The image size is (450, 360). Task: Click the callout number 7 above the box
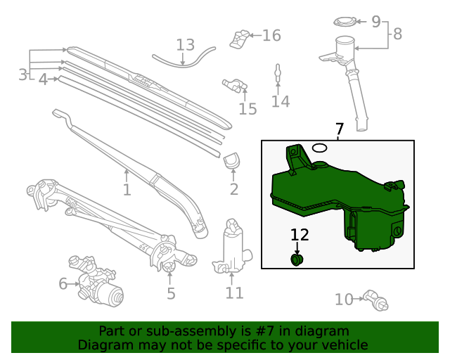(x=340, y=129)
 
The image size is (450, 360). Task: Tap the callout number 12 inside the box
(x=300, y=236)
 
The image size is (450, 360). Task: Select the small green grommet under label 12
(x=297, y=261)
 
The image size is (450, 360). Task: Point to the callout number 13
(x=185, y=46)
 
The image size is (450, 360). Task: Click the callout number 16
(x=271, y=35)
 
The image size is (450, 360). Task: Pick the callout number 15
(x=247, y=109)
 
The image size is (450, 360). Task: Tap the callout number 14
(x=281, y=102)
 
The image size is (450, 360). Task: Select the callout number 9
(x=376, y=21)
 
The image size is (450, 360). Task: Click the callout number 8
(x=397, y=33)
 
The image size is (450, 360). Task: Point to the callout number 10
(x=343, y=300)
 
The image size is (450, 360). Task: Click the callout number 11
(x=234, y=292)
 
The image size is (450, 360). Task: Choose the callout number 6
(x=63, y=284)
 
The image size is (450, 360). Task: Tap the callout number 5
(x=171, y=293)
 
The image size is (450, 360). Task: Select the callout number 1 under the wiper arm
(x=127, y=190)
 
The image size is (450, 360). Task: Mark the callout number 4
(x=43, y=80)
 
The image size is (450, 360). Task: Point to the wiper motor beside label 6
(x=98, y=285)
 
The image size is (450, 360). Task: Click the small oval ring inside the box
(x=319, y=148)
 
